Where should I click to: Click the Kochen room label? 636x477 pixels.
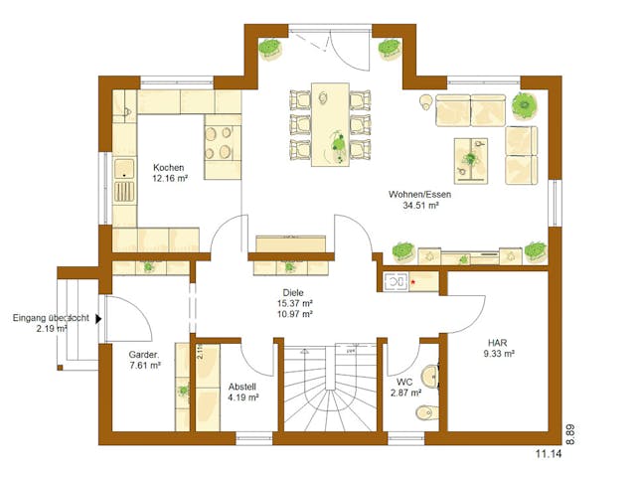(x=166, y=168)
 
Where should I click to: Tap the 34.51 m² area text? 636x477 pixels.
(x=419, y=207)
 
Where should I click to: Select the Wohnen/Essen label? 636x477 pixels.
(x=420, y=195)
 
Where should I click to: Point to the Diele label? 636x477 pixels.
(x=294, y=291)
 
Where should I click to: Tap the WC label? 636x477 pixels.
(x=404, y=382)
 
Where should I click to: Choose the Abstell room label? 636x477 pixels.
(x=242, y=386)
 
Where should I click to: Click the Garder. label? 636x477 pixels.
(x=144, y=355)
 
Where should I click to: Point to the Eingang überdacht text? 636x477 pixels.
(x=51, y=318)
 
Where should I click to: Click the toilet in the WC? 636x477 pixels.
(x=428, y=376)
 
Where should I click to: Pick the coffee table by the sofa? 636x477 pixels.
(x=474, y=156)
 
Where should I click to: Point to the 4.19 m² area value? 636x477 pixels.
(x=242, y=397)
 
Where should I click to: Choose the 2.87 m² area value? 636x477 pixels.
(x=404, y=394)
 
